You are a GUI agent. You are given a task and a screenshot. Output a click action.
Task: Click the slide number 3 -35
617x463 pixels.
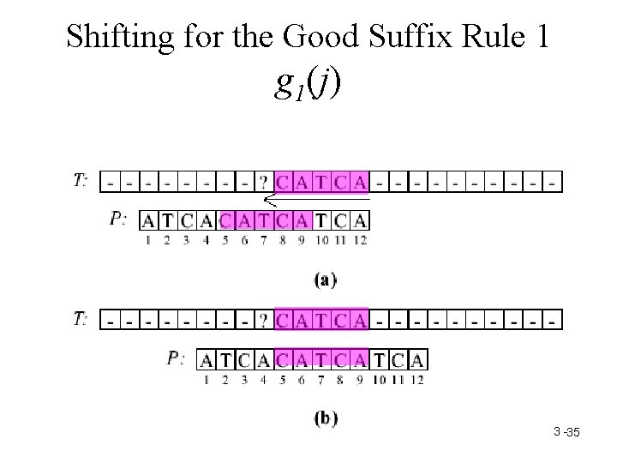click(566, 434)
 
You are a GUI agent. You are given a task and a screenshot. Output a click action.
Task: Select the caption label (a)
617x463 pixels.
click(324, 279)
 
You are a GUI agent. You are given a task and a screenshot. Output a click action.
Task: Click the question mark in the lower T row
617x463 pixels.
click(264, 320)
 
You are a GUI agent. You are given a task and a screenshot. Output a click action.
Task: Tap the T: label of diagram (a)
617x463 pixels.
click(80, 180)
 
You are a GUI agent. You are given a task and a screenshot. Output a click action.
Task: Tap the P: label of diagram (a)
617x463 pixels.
click(119, 219)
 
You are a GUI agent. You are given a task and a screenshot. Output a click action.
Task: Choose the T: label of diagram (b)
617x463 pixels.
click(80, 319)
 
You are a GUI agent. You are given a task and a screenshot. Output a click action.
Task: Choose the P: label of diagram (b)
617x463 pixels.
click(177, 358)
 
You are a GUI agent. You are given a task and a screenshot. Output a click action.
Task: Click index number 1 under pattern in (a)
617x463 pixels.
click(148, 241)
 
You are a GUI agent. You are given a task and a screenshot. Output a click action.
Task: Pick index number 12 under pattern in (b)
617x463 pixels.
click(416, 380)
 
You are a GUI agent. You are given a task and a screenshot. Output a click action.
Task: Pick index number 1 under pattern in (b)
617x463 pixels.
click(206, 380)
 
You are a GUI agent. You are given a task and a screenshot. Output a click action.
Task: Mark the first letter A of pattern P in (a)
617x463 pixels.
click(148, 221)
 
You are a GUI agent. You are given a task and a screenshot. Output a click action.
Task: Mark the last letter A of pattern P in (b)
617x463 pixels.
click(417, 359)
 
